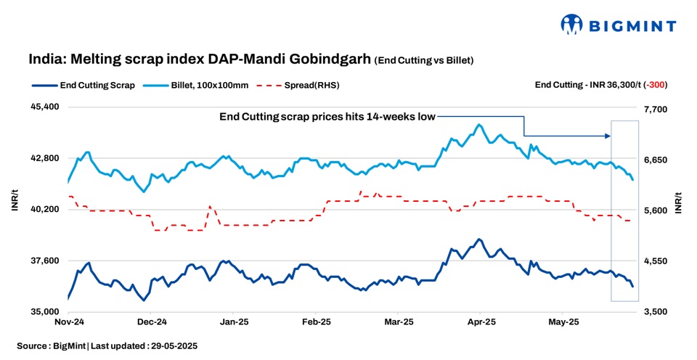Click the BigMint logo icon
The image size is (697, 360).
pyautogui.click(x=571, y=25)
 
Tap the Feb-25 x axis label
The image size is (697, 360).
pyautogui.click(x=317, y=321)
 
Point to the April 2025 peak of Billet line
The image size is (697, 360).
pyautogui.click(x=479, y=124)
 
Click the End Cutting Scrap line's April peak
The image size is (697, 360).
pyautogui.click(x=478, y=239)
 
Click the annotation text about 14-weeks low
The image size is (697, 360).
pyautogui.click(x=327, y=116)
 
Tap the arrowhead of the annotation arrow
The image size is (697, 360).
pyautogui.click(x=608, y=136)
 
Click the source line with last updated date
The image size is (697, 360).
pyautogui.click(x=107, y=346)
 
